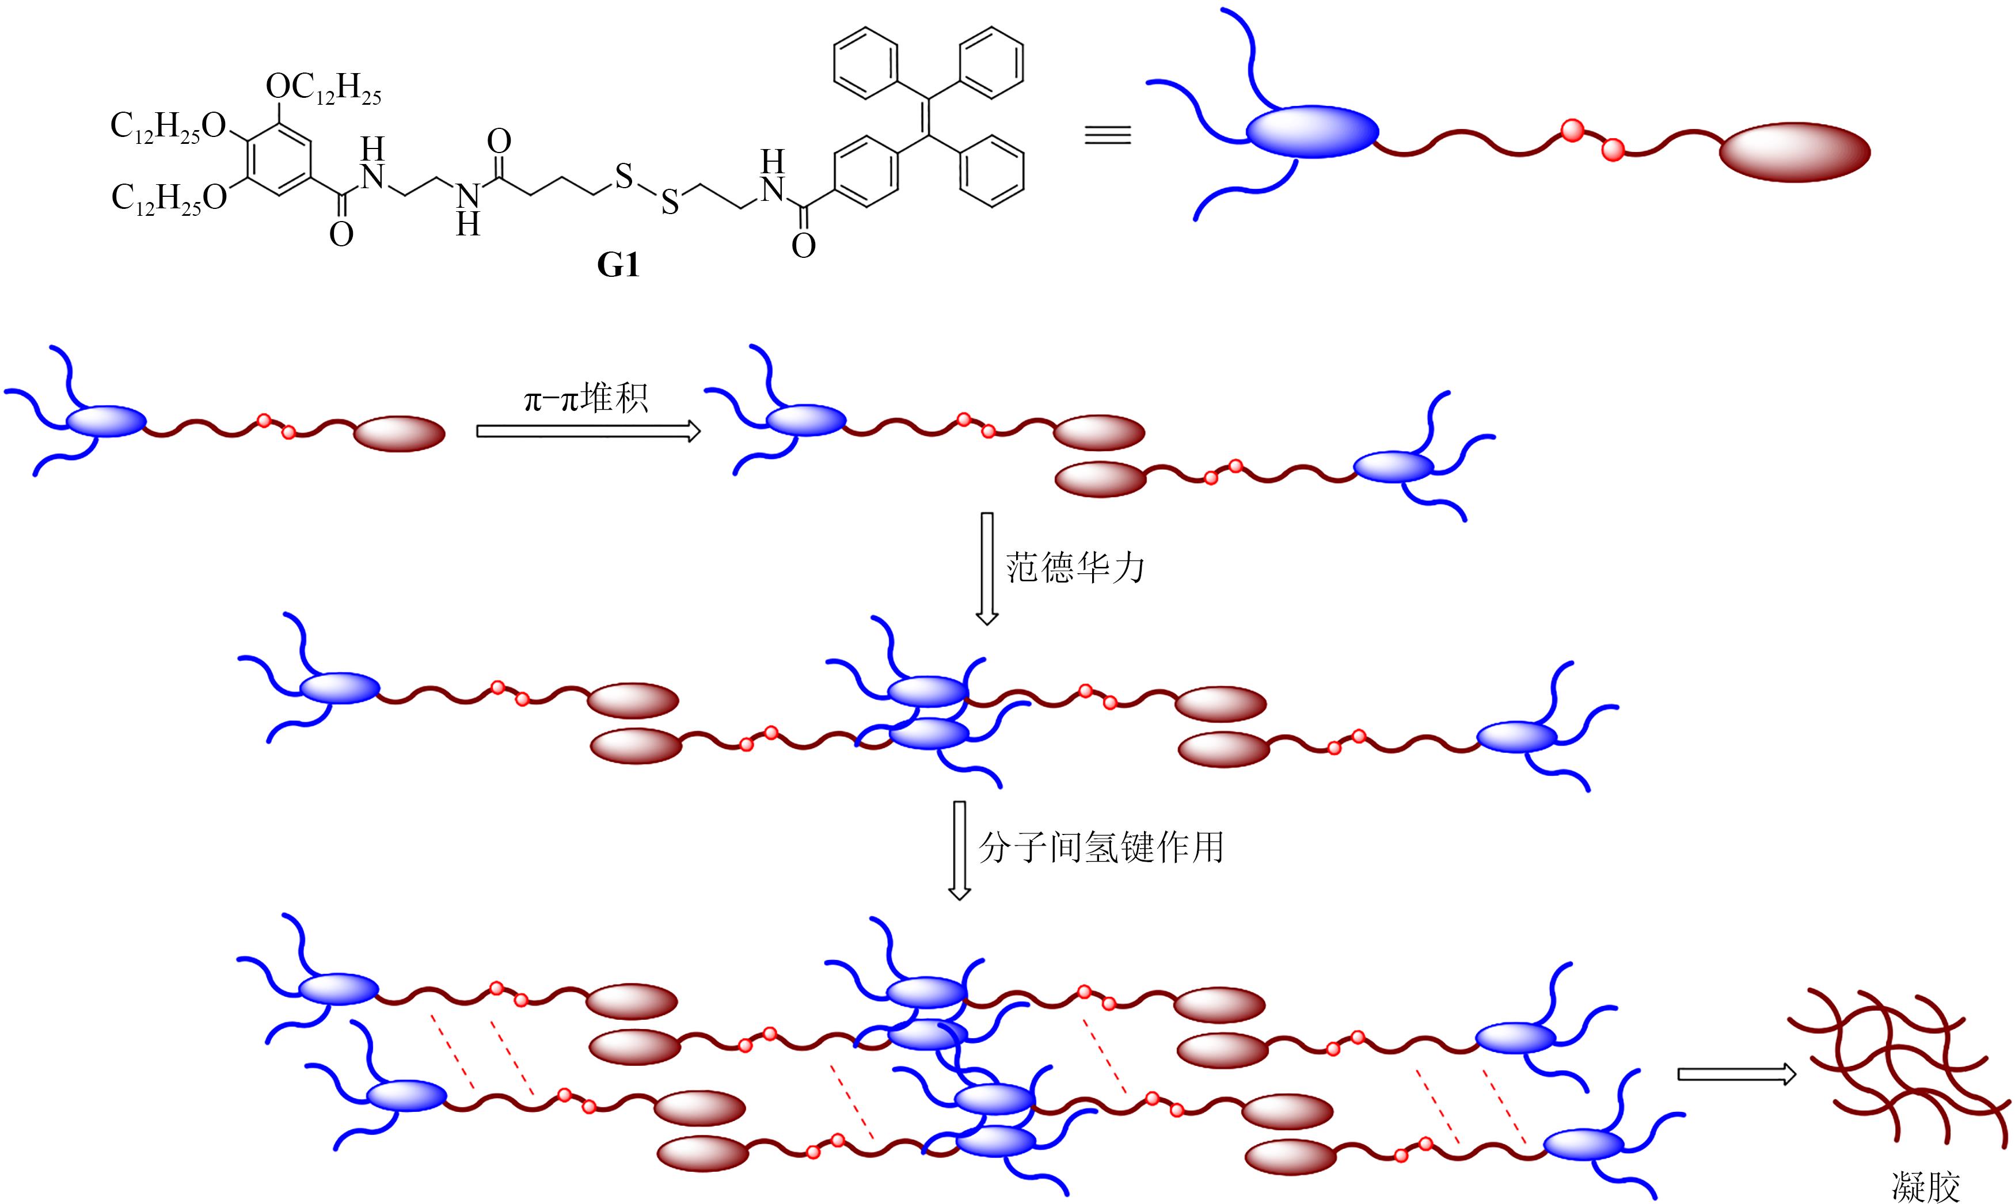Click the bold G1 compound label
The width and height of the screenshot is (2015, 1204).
[618, 265]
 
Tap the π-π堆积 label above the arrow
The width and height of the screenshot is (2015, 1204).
[586, 399]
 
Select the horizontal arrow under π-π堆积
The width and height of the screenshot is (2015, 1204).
[588, 432]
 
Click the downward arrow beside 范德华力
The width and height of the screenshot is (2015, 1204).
[987, 568]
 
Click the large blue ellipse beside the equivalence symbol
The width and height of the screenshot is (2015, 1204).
[1312, 131]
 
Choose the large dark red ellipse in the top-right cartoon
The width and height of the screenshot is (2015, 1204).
[1795, 152]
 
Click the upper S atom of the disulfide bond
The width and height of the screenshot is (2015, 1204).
[623, 176]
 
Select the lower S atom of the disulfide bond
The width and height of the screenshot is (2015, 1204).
[670, 203]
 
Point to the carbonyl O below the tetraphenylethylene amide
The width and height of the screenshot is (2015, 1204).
[803, 246]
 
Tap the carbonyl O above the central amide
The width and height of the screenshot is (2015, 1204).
[499, 142]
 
